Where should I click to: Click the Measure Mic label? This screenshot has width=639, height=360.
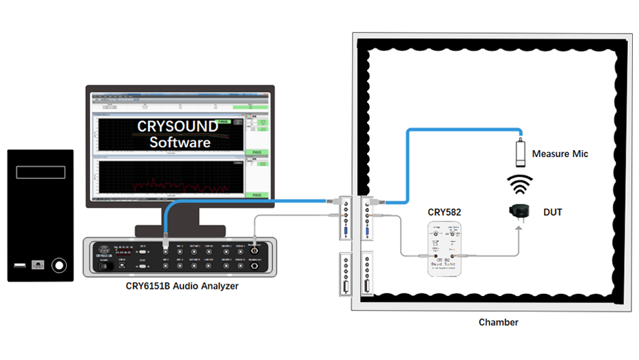point(560,154)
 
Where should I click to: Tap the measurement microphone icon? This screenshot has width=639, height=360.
point(521,151)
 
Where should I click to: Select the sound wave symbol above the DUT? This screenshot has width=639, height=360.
point(521,184)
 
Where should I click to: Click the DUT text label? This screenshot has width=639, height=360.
point(552,212)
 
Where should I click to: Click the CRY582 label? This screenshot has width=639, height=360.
point(444,213)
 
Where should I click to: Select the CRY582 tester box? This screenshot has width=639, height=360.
point(444,251)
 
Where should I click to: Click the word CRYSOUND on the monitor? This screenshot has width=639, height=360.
point(178,127)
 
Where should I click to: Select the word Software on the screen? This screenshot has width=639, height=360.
point(180,142)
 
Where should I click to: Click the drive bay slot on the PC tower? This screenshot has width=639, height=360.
point(41,171)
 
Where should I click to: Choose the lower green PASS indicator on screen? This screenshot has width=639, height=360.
point(256,195)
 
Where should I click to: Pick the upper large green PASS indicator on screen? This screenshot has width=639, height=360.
point(256,153)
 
